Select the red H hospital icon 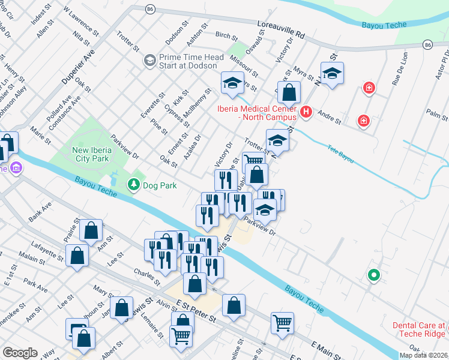click(307, 112)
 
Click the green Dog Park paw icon click(135, 185)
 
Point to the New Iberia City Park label click(89, 154)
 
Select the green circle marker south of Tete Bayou click(373, 275)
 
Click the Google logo click(20, 353)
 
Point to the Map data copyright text click(424, 355)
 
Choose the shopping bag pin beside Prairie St click(91, 231)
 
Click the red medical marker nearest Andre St click(363, 121)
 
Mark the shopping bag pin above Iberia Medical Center click(289, 93)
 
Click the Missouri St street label click(247, 66)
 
